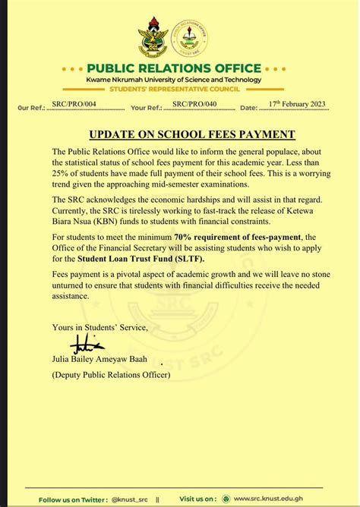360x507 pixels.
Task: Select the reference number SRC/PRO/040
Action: [x=194, y=108]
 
